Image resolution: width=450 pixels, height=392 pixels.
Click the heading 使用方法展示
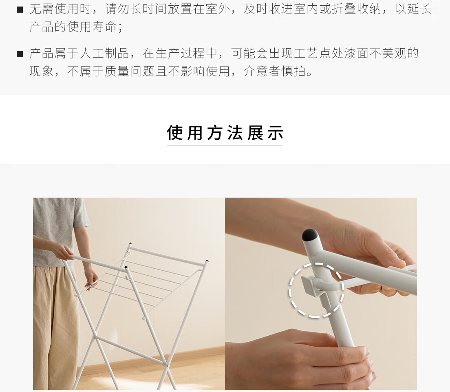[x=225, y=133]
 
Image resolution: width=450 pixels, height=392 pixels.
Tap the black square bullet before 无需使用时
[x=20, y=10]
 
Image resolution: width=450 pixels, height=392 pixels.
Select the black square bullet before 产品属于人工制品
[x=20, y=54]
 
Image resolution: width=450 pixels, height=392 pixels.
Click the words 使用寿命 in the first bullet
[x=92, y=27]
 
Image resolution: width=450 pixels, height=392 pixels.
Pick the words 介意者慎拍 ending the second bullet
[x=275, y=71]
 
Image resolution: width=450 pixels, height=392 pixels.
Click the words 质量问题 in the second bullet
[x=130, y=71]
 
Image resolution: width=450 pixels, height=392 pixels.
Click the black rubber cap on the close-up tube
[x=310, y=235]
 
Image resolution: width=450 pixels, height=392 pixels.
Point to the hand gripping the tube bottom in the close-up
[x=301, y=359]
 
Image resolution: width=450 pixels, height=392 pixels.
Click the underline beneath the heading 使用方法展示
[x=225, y=145]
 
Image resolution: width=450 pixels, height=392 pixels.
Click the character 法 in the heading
[x=235, y=133]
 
